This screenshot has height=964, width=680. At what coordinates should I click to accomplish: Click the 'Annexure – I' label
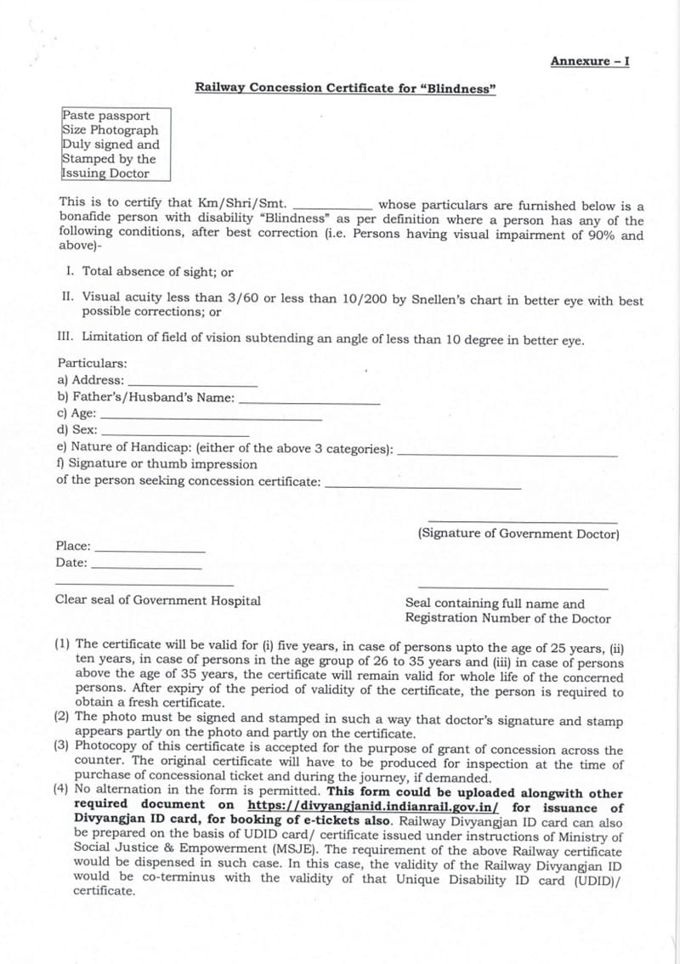pyautogui.click(x=589, y=61)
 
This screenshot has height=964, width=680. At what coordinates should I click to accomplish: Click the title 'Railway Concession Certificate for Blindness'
pyautogui.click(x=345, y=88)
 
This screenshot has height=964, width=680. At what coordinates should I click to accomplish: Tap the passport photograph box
pyautogui.click(x=116, y=145)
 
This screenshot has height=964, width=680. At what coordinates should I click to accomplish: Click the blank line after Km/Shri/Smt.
pyautogui.click(x=331, y=207)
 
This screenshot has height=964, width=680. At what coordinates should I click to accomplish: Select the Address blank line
pyautogui.click(x=192, y=384)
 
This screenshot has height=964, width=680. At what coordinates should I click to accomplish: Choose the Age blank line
pyautogui.click(x=211, y=417)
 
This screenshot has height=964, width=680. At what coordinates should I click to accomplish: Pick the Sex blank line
pyautogui.click(x=161, y=434)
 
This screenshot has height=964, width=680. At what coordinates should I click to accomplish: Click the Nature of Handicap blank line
pyautogui.click(x=507, y=453)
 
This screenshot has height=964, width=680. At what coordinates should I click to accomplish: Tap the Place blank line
pyautogui.click(x=150, y=550)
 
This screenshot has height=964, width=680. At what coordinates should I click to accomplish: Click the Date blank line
pyautogui.click(x=146, y=566)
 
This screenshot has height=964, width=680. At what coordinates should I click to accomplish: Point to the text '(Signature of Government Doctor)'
pyautogui.click(x=518, y=534)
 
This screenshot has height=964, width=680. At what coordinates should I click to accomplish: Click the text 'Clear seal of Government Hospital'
pyautogui.click(x=158, y=600)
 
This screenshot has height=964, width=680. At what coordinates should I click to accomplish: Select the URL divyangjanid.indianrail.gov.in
pyautogui.click(x=373, y=808)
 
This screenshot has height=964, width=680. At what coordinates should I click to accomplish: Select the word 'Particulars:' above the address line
pyautogui.click(x=92, y=363)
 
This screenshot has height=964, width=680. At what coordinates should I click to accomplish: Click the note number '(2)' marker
pyautogui.click(x=62, y=716)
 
